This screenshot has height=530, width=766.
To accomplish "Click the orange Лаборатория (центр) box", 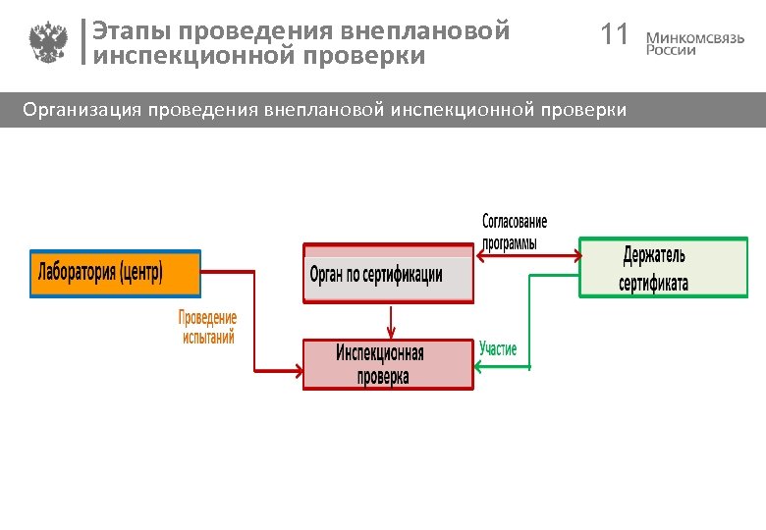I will (116, 273).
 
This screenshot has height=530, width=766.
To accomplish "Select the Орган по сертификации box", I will (389, 273).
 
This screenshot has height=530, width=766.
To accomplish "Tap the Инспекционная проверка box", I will (388, 364).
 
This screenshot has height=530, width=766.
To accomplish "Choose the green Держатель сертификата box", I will (662, 268).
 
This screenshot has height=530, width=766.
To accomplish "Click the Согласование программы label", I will (515, 233).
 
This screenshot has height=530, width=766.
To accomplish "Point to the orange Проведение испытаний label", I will (207, 328).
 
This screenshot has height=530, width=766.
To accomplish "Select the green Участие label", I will (498, 349).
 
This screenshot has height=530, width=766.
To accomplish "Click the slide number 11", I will (614, 36).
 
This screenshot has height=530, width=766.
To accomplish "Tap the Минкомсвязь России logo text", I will (694, 43).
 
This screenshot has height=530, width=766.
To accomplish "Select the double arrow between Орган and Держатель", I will (527, 254).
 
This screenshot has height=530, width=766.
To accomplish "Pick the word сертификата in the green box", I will (653, 284).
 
